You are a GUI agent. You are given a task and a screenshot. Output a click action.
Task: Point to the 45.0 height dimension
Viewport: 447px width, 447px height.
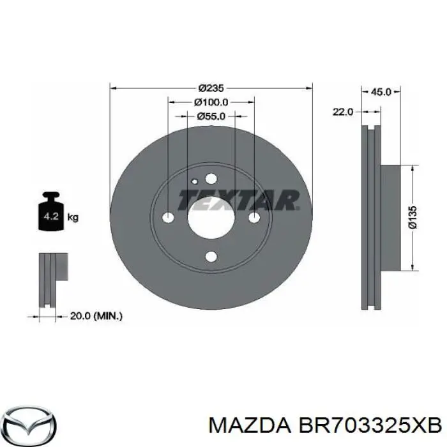[x=381, y=92]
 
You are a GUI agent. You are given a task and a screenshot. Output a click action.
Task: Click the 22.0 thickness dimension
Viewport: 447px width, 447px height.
[x=342, y=112]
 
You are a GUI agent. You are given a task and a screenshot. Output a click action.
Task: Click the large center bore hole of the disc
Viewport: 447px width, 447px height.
[x=211, y=218]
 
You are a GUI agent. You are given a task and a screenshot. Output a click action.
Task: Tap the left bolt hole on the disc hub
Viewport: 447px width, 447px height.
[x=169, y=218]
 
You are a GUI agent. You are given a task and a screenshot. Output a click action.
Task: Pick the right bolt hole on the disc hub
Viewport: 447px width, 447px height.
[x=254, y=218]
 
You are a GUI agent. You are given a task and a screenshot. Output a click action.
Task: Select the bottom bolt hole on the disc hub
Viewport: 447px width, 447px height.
[x=211, y=257]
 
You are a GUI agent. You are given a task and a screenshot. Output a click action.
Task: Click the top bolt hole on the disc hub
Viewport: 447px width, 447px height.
[x=211, y=179]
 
